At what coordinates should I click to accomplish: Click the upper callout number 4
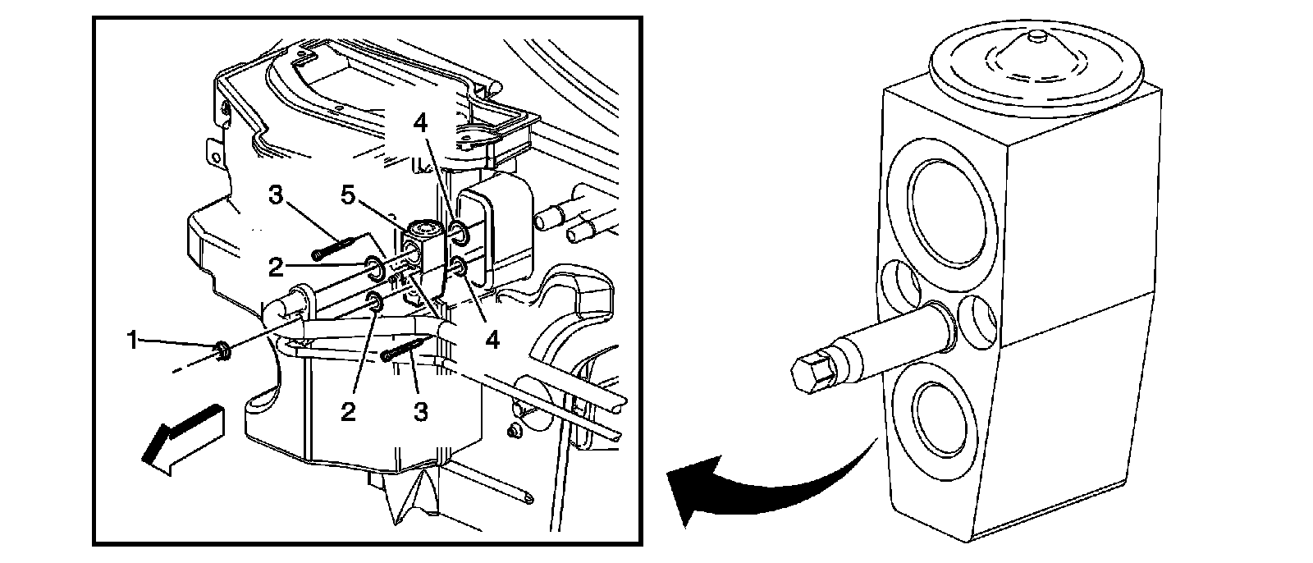[420, 123]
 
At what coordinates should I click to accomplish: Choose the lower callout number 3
[421, 411]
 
